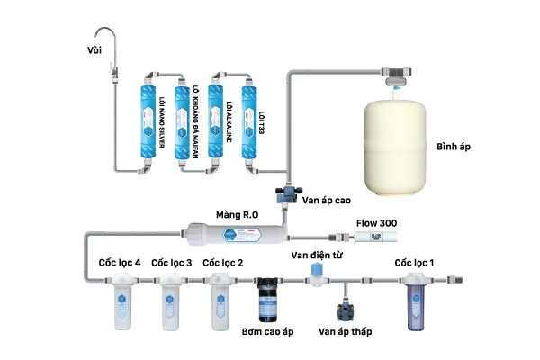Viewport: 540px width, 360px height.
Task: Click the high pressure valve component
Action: (287, 193)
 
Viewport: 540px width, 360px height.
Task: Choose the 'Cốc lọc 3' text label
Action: (171, 263)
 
